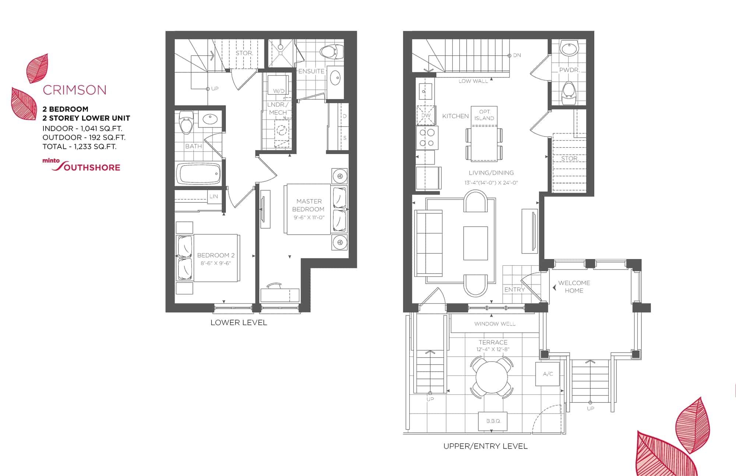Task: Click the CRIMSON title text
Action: (x=75, y=90)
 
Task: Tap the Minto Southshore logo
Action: (x=81, y=165)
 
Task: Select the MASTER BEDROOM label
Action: (x=308, y=205)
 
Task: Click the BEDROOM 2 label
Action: (x=216, y=255)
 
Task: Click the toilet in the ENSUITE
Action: (x=332, y=51)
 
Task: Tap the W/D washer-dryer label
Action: (x=279, y=91)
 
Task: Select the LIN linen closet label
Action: (x=214, y=196)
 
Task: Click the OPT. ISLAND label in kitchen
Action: (x=484, y=115)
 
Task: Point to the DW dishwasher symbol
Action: (x=426, y=116)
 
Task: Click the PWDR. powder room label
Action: (x=569, y=70)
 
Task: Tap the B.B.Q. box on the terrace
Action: (x=493, y=421)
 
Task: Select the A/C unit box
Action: (x=548, y=374)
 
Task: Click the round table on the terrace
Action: (x=492, y=377)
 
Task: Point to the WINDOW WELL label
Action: (x=495, y=324)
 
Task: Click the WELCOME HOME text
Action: (x=574, y=287)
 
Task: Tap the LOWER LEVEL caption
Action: (x=239, y=323)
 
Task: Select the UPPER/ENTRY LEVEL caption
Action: (x=485, y=446)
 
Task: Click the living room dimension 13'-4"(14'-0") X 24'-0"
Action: (x=491, y=183)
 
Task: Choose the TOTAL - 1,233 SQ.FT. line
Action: (x=79, y=146)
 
